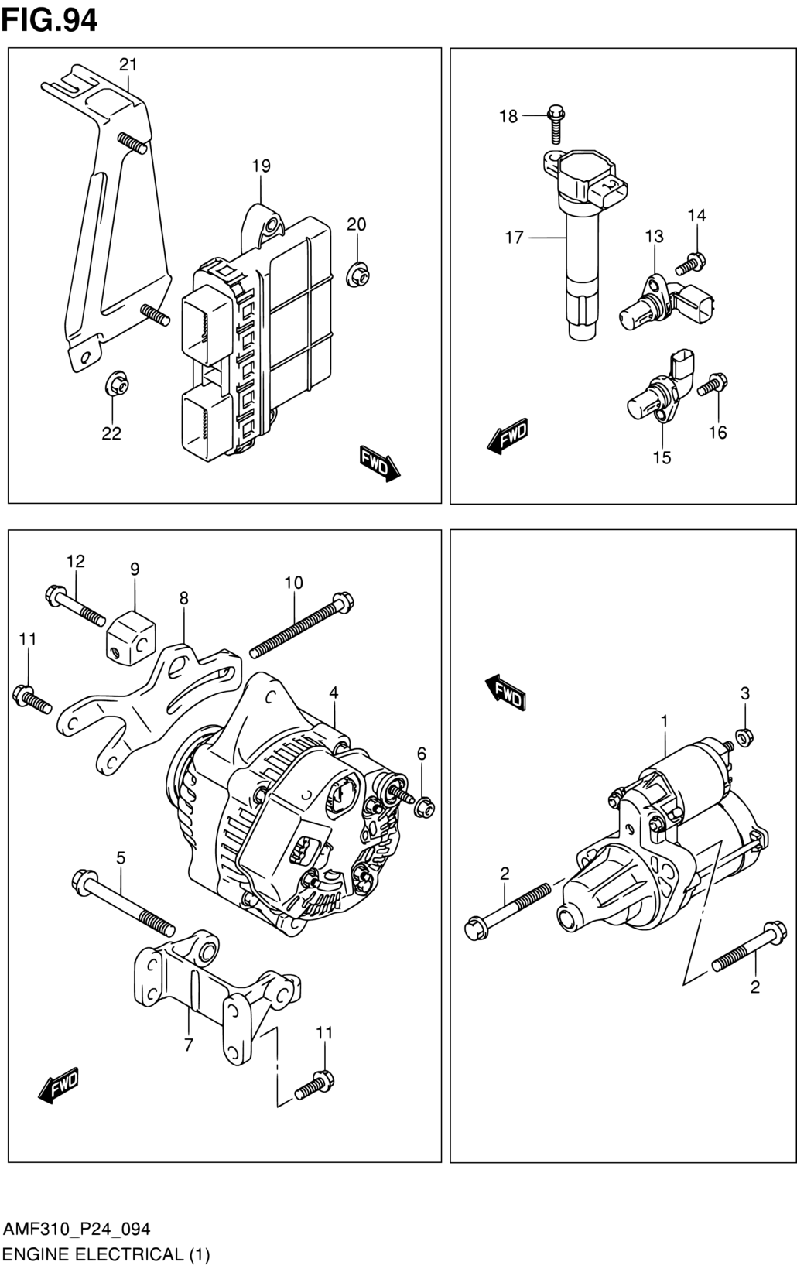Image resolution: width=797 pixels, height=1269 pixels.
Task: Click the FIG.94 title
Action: [50, 20]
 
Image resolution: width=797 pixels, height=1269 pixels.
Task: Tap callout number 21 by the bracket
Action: [128, 64]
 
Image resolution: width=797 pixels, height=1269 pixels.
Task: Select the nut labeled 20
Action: [357, 275]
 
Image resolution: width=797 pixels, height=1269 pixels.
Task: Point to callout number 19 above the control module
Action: [261, 166]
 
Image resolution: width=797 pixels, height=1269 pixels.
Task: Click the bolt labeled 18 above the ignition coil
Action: [556, 122]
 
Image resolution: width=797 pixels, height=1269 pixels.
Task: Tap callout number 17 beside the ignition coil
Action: [515, 238]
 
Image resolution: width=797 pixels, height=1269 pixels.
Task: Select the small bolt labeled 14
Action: [690, 262]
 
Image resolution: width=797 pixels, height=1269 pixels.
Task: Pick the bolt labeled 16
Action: [713, 384]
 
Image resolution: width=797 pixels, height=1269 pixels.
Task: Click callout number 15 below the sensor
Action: [662, 457]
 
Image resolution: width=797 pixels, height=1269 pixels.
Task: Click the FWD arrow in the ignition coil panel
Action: [508, 436]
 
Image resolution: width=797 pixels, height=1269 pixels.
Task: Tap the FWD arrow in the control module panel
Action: [380, 463]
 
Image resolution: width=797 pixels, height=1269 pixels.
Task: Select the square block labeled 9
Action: [132, 636]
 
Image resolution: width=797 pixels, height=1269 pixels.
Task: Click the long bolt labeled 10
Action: [301, 625]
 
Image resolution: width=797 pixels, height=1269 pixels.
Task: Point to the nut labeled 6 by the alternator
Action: [424, 806]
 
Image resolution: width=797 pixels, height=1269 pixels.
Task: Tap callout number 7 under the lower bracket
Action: [189, 1044]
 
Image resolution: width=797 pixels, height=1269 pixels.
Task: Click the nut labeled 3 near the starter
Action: [744, 737]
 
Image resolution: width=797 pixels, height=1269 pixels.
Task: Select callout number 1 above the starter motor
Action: [665, 721]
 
